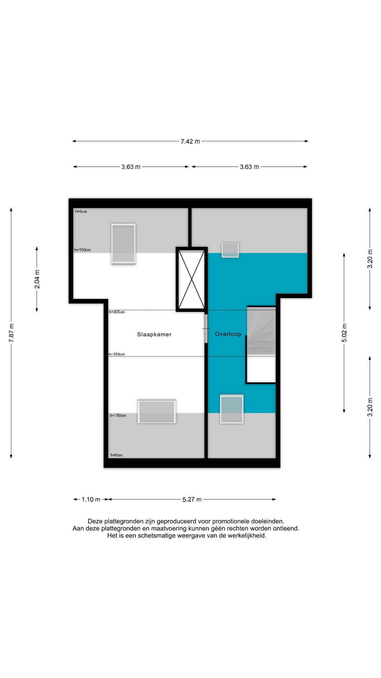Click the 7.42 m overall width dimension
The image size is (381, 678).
190,141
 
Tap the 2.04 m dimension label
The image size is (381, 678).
37,279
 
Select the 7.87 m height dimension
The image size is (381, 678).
11,333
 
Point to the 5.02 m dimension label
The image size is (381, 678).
344,333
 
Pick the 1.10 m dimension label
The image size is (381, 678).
91,499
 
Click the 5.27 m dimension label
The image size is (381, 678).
192,499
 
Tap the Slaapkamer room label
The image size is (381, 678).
154,334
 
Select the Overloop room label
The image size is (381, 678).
228,334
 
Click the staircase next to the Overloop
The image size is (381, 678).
261,331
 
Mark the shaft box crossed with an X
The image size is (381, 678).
192,279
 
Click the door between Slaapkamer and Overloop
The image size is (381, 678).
206,329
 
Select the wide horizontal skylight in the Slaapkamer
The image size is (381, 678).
157,411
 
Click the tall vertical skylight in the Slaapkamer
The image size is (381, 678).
123,244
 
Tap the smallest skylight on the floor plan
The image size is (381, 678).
230,250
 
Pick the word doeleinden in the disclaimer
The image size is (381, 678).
270,521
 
